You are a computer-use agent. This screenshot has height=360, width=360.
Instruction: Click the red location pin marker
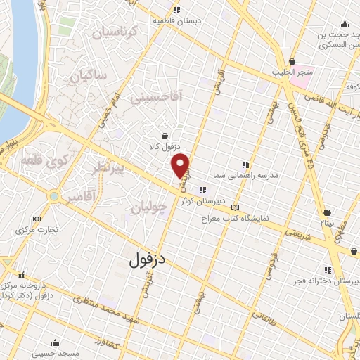[181, 165]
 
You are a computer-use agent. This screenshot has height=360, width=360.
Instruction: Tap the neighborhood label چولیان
[149, 207]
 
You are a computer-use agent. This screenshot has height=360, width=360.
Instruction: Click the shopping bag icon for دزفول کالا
[165, 136]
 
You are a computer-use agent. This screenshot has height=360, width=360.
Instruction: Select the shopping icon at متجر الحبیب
[291, 61]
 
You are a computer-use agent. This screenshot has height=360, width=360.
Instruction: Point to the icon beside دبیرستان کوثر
[202, 189]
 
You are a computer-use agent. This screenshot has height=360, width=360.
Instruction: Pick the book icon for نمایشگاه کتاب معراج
[235, 208]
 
